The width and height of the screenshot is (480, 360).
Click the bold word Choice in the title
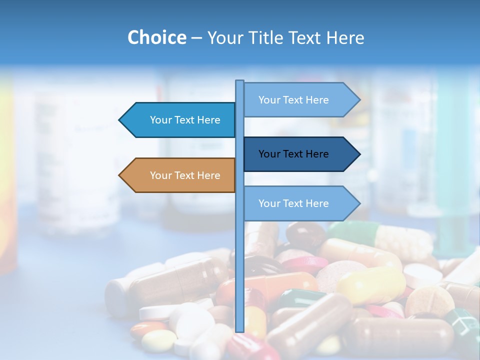156,37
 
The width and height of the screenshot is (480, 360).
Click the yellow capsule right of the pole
370,285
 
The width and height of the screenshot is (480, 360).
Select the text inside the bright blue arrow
185,120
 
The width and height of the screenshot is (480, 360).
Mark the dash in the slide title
196,38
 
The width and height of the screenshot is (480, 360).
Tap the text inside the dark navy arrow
293,154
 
